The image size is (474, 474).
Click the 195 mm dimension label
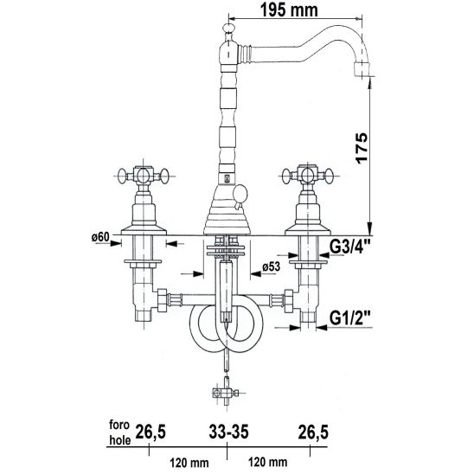point(289,10)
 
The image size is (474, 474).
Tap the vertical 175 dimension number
point(362,148)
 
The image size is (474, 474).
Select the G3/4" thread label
point(350,247)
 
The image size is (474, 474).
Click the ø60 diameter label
point(100,237)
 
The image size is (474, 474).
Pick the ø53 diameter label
point(271,266)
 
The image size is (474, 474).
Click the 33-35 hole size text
point(228,432)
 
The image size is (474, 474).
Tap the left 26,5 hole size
point(151,432)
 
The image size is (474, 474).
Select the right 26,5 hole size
point(313,432)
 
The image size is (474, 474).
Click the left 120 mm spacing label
point(189,463)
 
